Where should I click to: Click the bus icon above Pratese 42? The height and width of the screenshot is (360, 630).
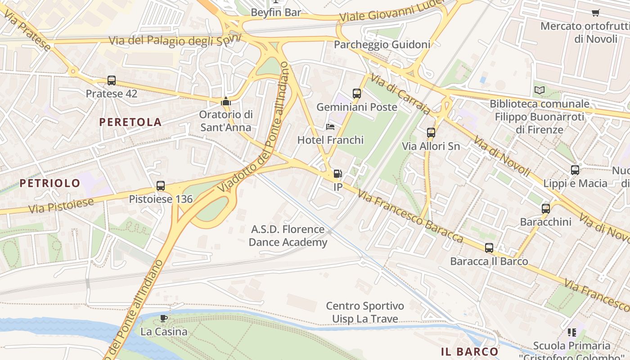click(112, 81)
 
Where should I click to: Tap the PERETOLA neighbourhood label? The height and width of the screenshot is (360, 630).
click(130, 122)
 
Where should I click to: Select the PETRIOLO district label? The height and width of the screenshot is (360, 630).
click(50, 183)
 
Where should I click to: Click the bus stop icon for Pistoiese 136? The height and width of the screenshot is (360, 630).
click(161, 186)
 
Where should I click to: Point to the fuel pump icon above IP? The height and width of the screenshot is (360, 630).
click(337, 174)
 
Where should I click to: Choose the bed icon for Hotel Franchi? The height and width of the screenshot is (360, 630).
click(330, 127)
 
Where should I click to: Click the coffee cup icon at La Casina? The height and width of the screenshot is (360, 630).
click(164, 319)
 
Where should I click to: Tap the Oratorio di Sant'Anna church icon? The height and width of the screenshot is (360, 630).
click(226, 101)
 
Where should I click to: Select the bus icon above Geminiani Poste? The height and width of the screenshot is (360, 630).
click(357, 94)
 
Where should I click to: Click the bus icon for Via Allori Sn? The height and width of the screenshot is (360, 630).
click(431, 133)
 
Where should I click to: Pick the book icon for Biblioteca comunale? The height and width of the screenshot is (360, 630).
click(540, 90)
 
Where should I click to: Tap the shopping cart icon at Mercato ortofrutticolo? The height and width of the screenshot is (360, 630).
click(596, 13)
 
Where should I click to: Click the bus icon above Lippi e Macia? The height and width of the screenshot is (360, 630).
click(575, 170)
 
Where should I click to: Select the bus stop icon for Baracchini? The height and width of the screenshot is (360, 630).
click(546, 209)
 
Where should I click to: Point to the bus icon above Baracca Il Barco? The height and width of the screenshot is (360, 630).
click(489, 248)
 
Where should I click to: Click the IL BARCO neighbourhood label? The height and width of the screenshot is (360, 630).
click(470, 351)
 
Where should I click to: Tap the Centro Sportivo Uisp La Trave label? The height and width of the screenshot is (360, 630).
click(365, 312)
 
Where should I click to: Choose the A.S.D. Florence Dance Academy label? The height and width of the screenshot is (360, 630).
click(288, 236)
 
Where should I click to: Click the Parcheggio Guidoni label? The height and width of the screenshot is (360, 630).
click(382, 45)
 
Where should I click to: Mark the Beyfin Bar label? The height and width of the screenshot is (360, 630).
click(276, 13)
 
